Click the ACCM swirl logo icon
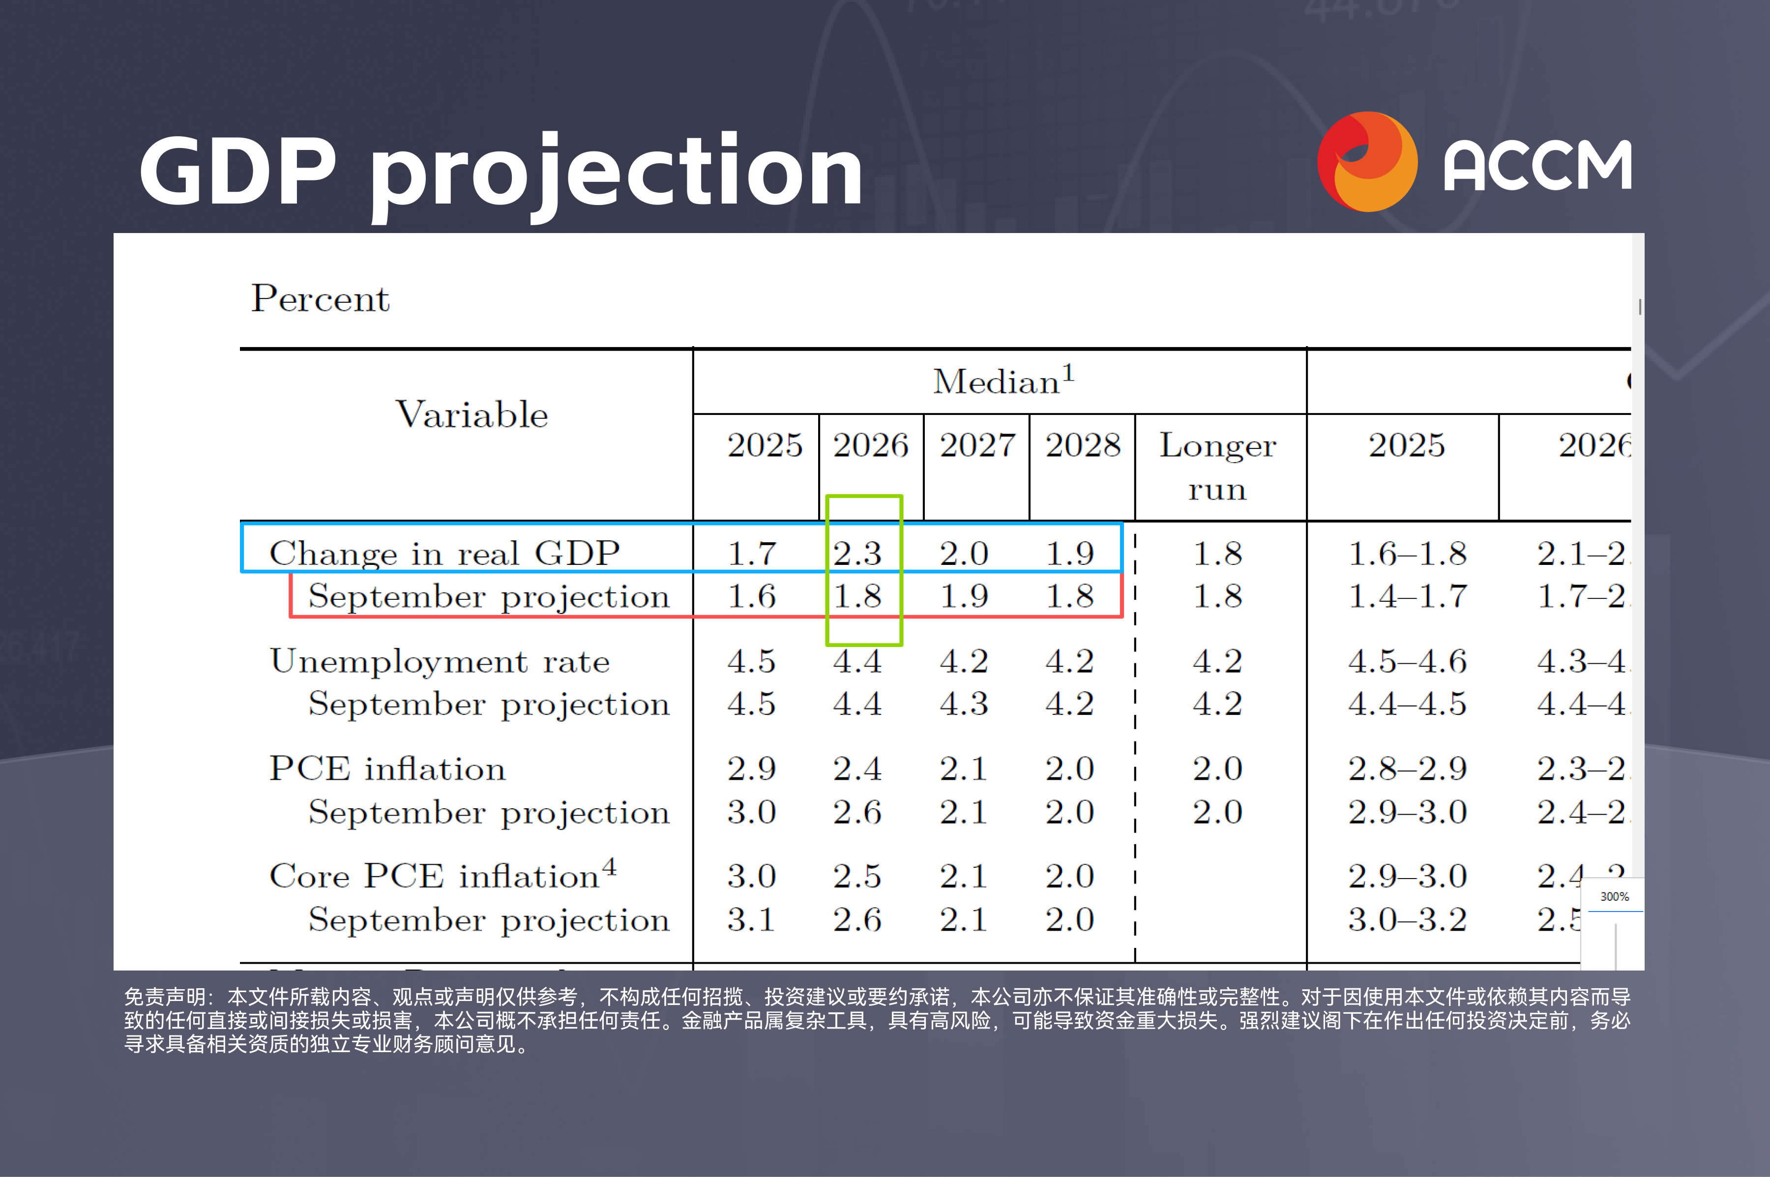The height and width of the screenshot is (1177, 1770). (x=1366, y=161)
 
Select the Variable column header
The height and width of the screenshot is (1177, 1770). (x=472, y=414)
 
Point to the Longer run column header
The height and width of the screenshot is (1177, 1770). (x=1217, y=466)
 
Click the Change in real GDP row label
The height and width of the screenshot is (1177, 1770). (x=444, y=553)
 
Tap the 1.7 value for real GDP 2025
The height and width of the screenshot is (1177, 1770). (x=751, y=553)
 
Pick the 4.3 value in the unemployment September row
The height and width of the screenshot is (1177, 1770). (x=963, y=704)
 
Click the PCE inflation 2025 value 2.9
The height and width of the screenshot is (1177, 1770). (x=751, y=768)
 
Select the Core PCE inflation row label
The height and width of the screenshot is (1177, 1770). (x=442, y=875)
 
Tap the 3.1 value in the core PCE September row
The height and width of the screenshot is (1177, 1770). (x=751, y=919)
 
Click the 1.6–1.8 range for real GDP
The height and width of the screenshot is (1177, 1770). (x=1407, y=553)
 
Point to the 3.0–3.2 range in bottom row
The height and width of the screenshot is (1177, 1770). (x=1407, y=919)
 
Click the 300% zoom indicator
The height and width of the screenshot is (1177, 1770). (x=1614, y=896)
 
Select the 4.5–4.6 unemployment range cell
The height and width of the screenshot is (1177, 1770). (x=1407, y=661)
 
